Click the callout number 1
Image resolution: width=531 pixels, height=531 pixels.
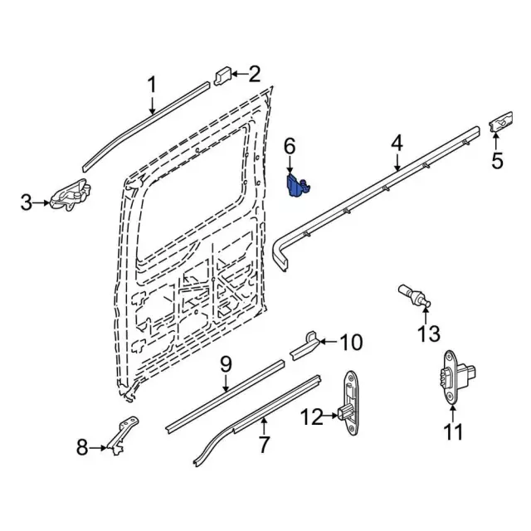tap(153, 85)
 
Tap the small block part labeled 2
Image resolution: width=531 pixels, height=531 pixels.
tap(222, 76)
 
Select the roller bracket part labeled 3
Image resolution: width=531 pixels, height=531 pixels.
tap(71, 196)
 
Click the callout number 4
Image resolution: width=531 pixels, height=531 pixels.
tap(397, 143)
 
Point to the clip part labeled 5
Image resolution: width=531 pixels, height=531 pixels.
tap(500, 122)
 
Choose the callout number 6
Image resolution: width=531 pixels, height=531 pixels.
tap(290, 147)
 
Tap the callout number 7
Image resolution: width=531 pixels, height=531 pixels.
tap(264, 445)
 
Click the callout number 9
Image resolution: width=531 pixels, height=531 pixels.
tap(227, 364)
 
